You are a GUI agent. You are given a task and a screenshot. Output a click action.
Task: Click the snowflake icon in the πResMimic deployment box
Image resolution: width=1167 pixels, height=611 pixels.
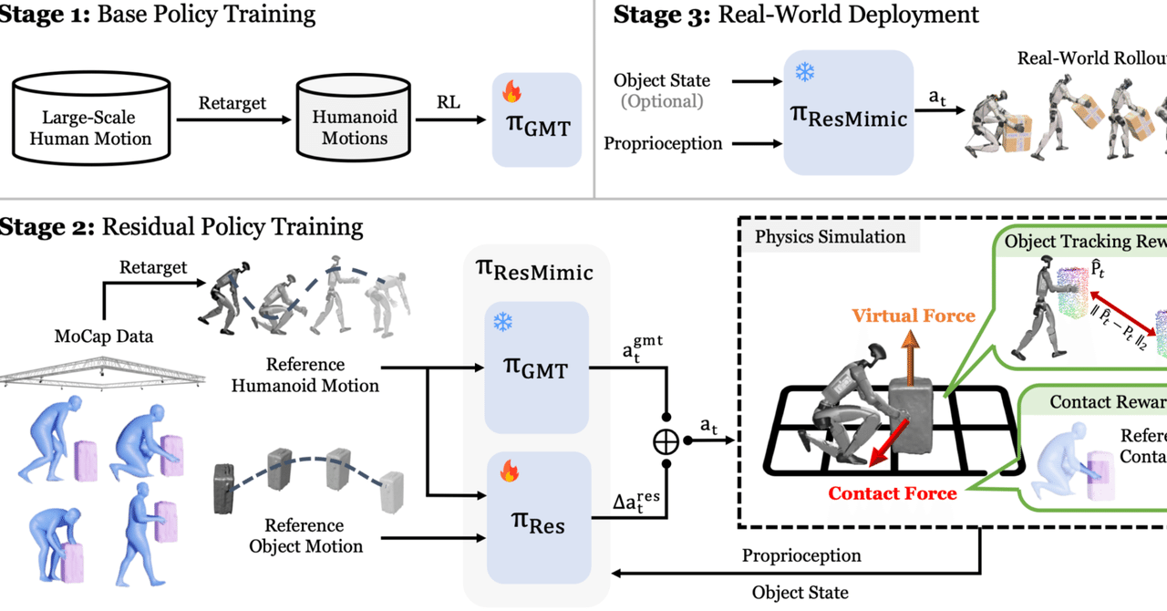click(804, 71)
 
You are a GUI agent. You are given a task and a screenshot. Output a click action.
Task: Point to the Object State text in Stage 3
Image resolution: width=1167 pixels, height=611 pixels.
click(662, 80)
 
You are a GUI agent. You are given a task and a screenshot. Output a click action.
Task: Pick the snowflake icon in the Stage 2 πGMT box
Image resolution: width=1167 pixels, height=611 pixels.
click(503, 322)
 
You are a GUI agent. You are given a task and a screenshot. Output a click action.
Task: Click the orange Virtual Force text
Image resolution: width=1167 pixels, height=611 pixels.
click(914, 316)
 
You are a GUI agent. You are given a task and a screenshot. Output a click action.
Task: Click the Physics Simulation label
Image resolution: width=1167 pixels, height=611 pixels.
click(830, 237)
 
